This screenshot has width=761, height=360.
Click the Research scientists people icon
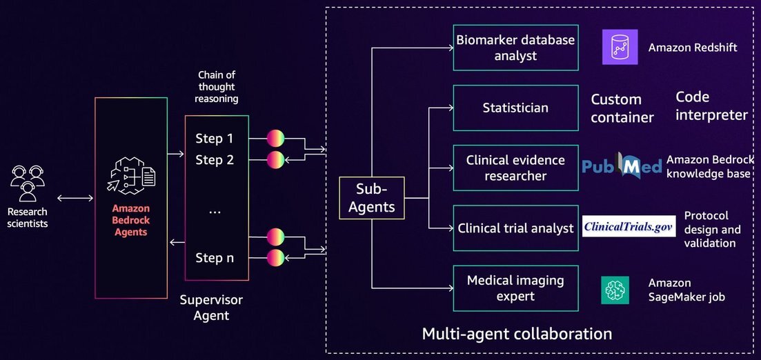pyautogui.click(x=27, y=183)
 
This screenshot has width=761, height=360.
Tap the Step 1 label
pyautogui.click(x=215, y=139)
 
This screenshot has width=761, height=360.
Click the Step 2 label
pyautogui.click(x=215, y=159)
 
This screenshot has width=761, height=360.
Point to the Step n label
pyautogui.click(x=215, y=258)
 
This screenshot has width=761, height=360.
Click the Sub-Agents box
pyautogui.click(x=372, y=198)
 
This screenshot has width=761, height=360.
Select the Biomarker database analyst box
pyautogui.click(x=515, y=48)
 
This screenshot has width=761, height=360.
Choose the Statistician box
pyautogui.click(x=515, y=108)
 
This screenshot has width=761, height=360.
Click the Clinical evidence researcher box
pyautogui.click(x=515, y=168)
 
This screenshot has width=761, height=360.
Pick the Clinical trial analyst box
pyautogui.click(x=515, y=228)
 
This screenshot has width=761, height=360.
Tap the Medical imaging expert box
pyautogui.click(x=515, y=288)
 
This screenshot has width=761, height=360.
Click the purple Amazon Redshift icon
pyautogui.click(x=620, y=47)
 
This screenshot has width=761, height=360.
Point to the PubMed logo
pyautogui.click(x=622, y=166)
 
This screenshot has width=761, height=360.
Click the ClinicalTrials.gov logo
pyautogui.click(x=629, y=226)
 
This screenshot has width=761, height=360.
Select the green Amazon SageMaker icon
pyautogui.click(x=615, y=290)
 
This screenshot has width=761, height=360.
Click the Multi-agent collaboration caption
pyautogui.click(x=517, y=334)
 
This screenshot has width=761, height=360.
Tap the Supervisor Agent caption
pyautogui.click(x=211, y=308)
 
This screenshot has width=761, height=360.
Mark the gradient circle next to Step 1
pyautogui.click(x=275, y=139)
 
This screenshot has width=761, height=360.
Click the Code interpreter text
pyautogui.click(x=711, y=106)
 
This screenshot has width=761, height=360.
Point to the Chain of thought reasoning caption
pyautogui.click(x=217, y=87)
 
